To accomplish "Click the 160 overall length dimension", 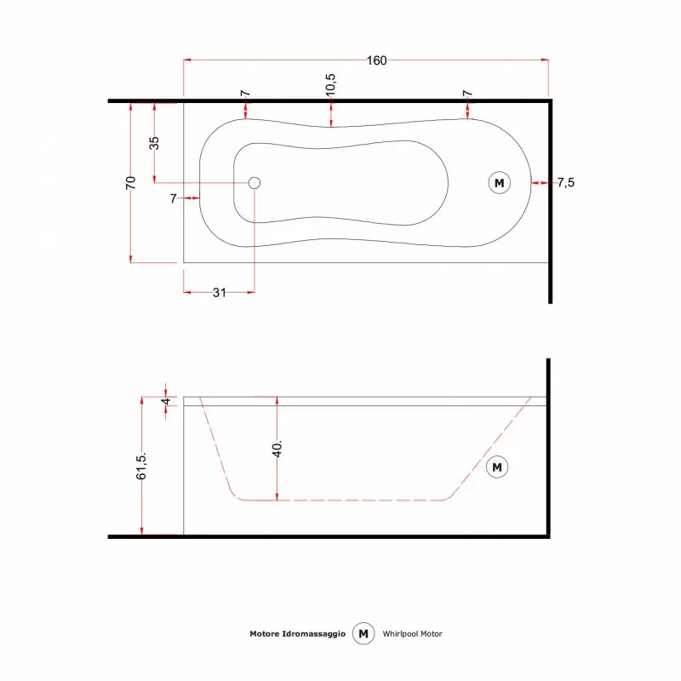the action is (376, 60).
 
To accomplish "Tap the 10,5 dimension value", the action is (330, 84).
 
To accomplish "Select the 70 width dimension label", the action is (130, 183).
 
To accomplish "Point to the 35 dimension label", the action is (154, 143).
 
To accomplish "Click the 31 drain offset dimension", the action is (220, 293).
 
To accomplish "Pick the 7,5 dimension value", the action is (566, 182).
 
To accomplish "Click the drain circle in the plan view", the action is (255, 183).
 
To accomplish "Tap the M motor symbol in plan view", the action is (500, 183).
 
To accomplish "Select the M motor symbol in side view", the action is (497, 467).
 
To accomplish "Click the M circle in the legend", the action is (363, 633).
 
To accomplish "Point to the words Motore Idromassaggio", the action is (297, 633).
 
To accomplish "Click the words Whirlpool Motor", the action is (412, 633).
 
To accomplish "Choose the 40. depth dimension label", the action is (278, 449).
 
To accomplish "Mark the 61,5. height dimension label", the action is (141, 466).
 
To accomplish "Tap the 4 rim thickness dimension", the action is (166, 401).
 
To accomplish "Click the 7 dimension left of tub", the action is (174, 198).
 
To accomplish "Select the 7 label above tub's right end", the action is (467, 94).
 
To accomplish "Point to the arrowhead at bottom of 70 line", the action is (131, 259).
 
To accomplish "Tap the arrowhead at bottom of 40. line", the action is (278, 496).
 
